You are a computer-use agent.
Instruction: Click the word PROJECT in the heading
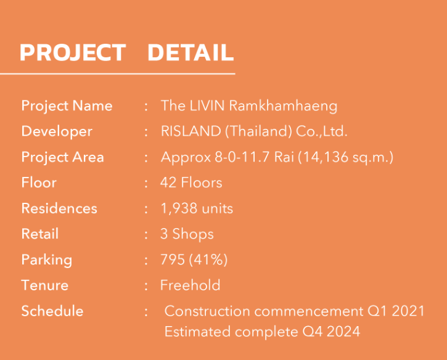pyautogui.click(x=73, y=53)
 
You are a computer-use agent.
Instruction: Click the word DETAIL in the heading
pyautogui.click(x=191, y=52)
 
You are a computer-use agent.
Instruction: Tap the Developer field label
pyautogui.click(x=57, y=132)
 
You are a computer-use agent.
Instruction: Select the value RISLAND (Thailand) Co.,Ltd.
pyautogui.click(x=254, y=131)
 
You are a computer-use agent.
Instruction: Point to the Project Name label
pyautogui.click(x=67, y=106)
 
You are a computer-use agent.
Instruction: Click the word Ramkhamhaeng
pyautogui.click(x=283, y=106)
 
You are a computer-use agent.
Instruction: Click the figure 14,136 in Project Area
pyautogui.click(x=325, y=157)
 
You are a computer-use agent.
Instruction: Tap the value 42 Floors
pyautogui.click(x=191, y=182)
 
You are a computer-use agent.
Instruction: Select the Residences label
pyautogui.click(x=59, y=208)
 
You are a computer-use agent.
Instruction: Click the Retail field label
pyautogui.click(x=40, y=234)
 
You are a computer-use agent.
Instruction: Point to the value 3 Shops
pyautogui.click(x=187, y=234)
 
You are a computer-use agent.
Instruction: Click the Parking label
pyautogui.click(x=47, y=260)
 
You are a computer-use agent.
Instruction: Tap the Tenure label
pyautogui.click(x=45, y=285)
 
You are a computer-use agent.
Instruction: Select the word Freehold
pyautogui.click(x=190, y=285)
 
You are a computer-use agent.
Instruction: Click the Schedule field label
pyautogui.click(x=52, y=311)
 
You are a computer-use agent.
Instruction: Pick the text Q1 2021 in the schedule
pyautogui.click(x=396, y=311)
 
